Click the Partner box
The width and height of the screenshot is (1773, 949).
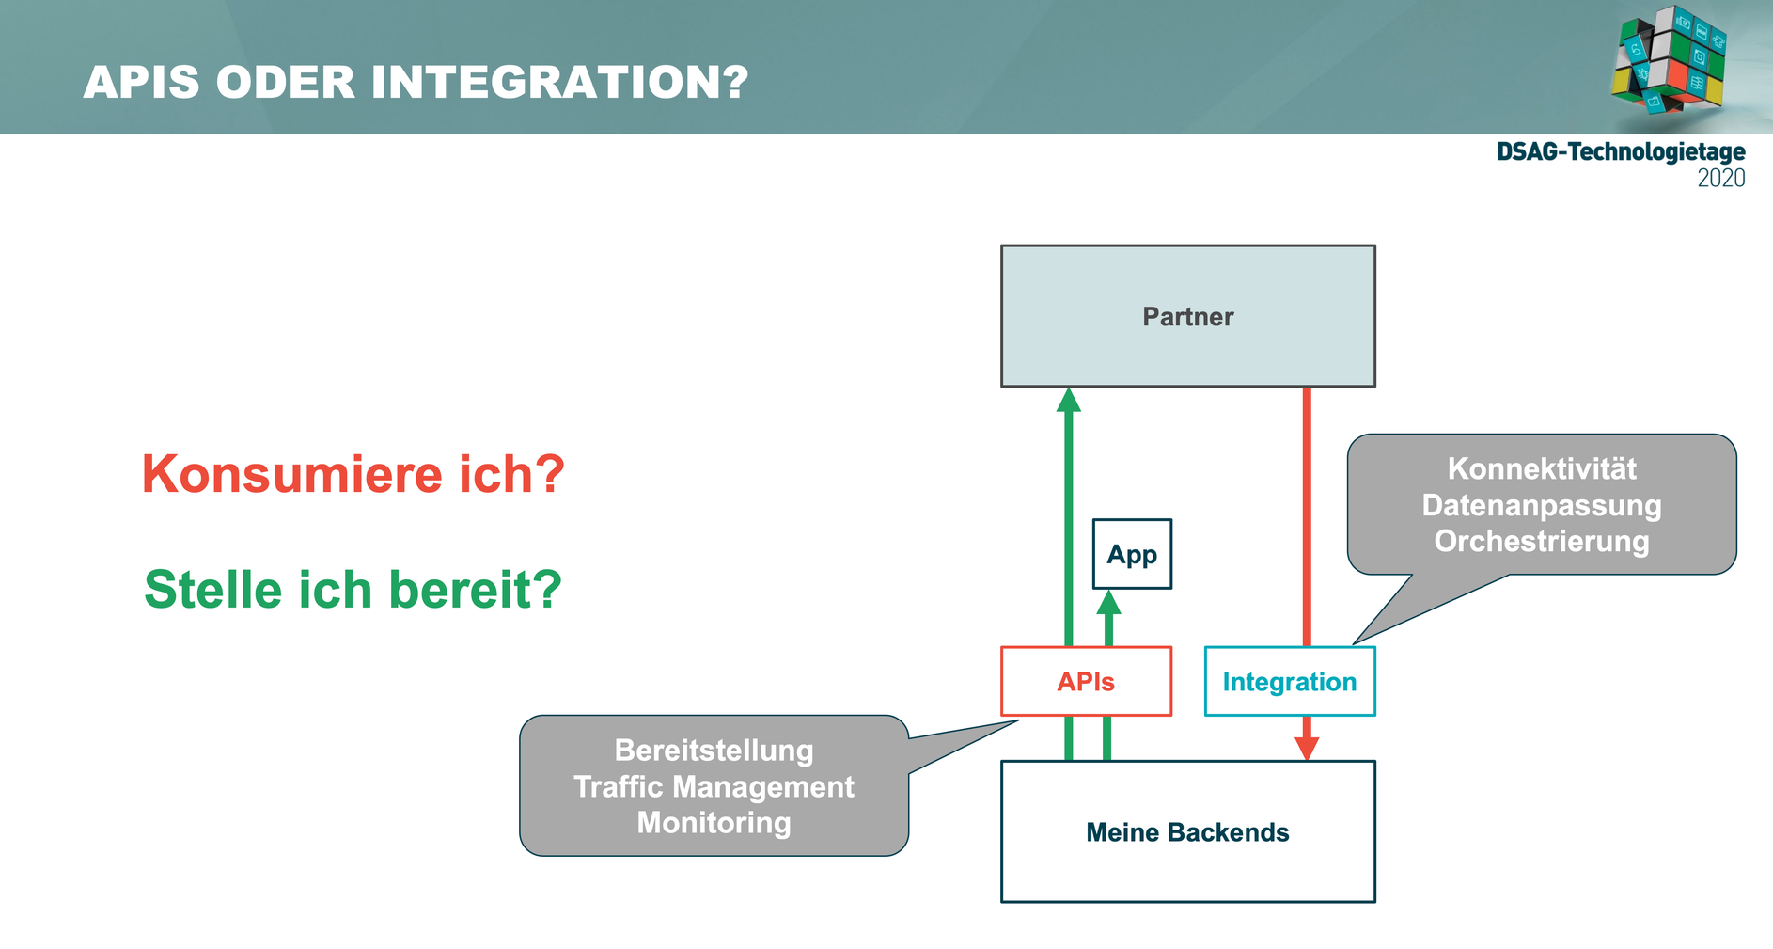click(x=1187, y=316)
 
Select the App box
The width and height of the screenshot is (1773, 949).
click(x=1132, y=554)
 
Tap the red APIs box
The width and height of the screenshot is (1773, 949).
click(x=1086, y=681)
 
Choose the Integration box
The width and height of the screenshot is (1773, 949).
click(x=1289, y=681)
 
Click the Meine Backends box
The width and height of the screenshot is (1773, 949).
click(x=1187, y=831)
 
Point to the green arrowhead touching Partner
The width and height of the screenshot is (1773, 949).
click(x=1068, y=401)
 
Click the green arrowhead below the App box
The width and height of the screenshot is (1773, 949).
click(x=1109, y=603)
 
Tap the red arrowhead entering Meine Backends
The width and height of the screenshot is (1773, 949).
click(x=1307, y=747)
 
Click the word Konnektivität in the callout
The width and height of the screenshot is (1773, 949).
click(x=1542, y=468)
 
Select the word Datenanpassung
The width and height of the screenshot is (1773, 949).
click(x=1542, y=505)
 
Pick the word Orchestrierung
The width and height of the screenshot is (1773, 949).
click(x=1542, y=541)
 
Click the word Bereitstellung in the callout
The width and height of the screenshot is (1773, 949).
click(x=714, y=751)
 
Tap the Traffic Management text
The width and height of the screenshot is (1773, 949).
click(x=714, y=786)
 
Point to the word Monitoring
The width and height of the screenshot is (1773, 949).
click(x=714, y=823)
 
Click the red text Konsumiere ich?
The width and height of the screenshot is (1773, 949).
click(x=353, y=474)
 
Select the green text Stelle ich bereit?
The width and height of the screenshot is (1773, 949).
click(x=353, y=590)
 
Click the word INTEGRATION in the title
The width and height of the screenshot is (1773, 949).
click(x=559, y=83)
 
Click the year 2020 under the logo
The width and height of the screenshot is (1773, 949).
click(x=1720, y=178)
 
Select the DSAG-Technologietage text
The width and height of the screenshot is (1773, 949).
click(x=1621, y=151)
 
